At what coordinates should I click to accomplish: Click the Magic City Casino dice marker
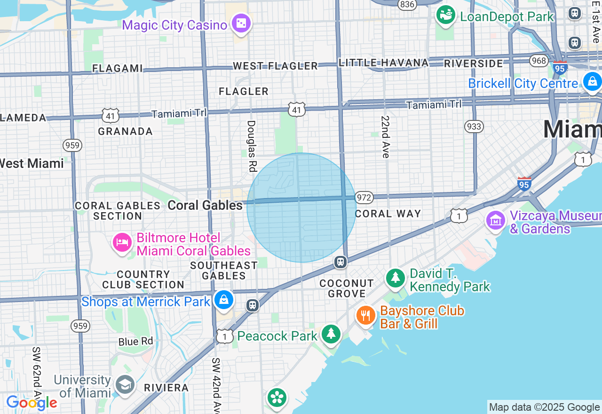point(242,24)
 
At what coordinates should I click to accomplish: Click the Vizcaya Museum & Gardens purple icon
point(495,220)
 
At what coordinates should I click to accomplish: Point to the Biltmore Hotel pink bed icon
point(122,242)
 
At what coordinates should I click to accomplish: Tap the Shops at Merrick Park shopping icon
point(224,300)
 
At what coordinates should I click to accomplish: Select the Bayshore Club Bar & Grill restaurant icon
point(365,315)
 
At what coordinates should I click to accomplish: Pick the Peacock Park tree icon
point(331,334)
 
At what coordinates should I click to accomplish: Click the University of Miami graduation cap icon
point(125,385)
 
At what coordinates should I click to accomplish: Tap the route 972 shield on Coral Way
point(364,198)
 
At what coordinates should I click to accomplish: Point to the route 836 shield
point(406,4)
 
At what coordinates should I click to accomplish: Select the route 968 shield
point(538,61)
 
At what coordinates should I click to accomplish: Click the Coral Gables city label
point(205,205)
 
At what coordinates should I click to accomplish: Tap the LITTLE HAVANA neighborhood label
point(384,63)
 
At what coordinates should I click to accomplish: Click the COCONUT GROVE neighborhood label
point(347,288)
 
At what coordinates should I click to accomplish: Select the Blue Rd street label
point(136,342)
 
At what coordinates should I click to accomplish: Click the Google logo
point(32,403)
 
